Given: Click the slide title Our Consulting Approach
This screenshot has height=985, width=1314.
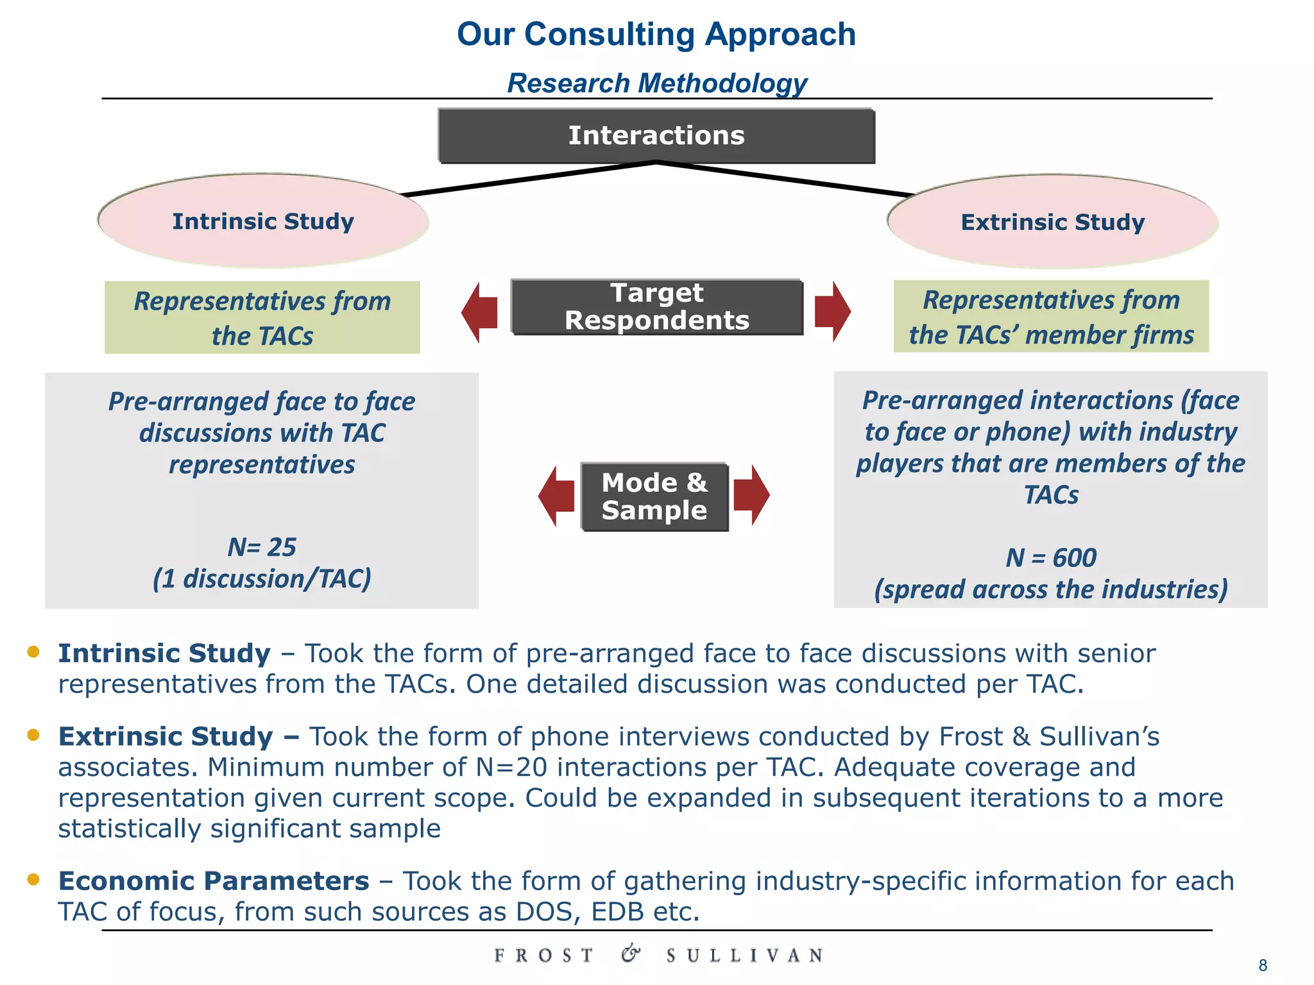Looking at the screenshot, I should pos(656,34).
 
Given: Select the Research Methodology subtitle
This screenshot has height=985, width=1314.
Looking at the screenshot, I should pos(656,83).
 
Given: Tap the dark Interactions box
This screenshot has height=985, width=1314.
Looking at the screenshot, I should pos(656,136).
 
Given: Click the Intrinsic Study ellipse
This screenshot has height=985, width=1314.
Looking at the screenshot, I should pos(263,221).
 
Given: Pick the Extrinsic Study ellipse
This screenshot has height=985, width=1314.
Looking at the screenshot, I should pos(1052,222).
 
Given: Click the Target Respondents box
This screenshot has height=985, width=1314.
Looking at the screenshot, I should pos(656,307).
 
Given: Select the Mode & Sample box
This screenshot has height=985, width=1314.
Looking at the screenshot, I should pos(654,496).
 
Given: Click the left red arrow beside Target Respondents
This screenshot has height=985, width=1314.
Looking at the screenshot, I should pos(480,312).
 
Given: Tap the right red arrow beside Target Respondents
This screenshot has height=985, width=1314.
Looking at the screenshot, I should pos(832,312).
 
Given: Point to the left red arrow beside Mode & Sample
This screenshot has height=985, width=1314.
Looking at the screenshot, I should pos(556,496).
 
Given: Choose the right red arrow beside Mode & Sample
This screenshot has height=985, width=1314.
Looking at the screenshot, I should pos(751,495).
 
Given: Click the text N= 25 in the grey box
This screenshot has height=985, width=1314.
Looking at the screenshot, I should pos(262,547).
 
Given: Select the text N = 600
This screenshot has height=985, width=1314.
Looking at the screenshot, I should pos(1051,557).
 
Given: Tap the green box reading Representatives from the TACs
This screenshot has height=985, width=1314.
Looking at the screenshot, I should pos(262,317).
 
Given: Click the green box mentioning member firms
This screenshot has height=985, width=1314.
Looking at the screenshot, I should pos(1051,316).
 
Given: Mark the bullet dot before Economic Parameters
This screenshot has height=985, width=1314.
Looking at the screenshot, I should pos(33,879).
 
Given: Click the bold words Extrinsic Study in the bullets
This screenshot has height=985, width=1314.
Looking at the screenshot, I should pos(166,736).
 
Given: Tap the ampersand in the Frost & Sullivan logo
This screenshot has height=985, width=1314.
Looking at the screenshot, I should pos(630,954).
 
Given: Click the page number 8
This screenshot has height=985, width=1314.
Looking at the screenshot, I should pos(1263,966).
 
